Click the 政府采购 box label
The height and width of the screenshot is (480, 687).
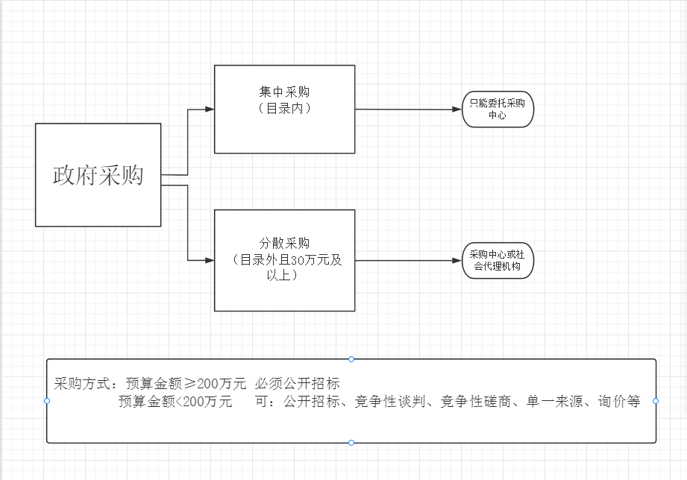(98, 175)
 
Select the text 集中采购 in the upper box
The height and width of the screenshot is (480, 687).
(284, 92)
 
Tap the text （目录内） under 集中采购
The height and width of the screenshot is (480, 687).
(284, 108)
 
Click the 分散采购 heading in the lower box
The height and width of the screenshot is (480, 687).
(284, 243)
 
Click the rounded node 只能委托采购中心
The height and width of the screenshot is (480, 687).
(498, 109)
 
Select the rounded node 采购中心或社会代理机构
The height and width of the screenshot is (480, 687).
(498, 261)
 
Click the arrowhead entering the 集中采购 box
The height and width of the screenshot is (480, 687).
(210, 109)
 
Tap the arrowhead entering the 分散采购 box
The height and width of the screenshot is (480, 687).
(210, 261)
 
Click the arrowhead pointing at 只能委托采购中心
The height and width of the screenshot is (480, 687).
(457, 109)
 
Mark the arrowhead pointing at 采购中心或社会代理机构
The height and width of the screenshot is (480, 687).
(457, 261)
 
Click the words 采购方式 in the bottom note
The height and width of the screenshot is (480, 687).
(82, 384)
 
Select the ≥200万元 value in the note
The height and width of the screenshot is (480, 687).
(215, 384)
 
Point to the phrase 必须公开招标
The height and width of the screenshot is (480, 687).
(297, 384)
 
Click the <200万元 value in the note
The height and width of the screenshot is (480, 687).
(204, 401)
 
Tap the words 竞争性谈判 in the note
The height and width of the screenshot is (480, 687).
(390, 401)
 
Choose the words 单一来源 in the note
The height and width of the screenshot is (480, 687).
(554, 401)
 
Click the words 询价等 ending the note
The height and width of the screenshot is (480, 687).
(619, 401)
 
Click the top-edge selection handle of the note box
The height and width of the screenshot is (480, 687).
(351, 359)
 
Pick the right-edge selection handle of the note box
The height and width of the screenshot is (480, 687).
(656, 401)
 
